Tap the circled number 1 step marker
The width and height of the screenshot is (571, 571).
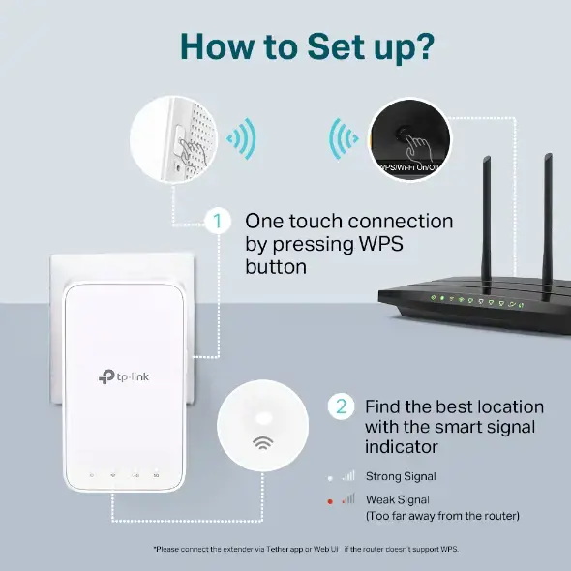(x=218, y=222)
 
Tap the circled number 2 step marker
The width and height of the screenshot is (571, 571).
(x=340, y=406)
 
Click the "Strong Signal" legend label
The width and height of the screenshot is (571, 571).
(x=400, y=476)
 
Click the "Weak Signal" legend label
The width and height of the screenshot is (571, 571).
(x=397, y=498)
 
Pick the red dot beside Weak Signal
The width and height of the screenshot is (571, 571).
(x=330, y=499)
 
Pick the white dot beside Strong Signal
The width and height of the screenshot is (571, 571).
(x=330, y=477)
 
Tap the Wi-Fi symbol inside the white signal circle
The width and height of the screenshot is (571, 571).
(x=262, y=444)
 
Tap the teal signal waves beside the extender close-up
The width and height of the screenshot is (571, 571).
(x=241, y=137)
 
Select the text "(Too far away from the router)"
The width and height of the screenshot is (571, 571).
(x=441, y=516)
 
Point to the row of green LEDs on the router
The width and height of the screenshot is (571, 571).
(x=474, y=299)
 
